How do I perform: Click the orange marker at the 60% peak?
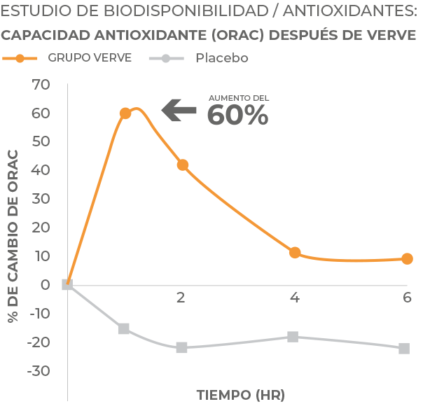pyautogui.click(x=125, y=113)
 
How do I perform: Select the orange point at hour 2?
pyautogui.click(x=183, y=165)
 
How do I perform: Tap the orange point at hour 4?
pyautogui.click(x=295, y=253)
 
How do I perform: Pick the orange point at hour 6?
pyautogui.click(x=407, y=259)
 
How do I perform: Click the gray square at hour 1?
pyautogui.click(x=124, y=328)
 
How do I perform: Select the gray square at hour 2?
pyautogui.click(x=182, y=347)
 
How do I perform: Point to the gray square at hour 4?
pyautogui.click(x=293, y=337)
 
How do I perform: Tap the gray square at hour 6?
pyautogui.click(x=404, y=349)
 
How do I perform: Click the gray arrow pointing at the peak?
pyautogui.click(x=179, y=110)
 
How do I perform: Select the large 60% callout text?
pyautogui.click(x=238, y=116)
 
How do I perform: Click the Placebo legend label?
pyautogui.click(x=221, y=59)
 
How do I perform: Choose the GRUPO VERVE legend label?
pyautogui.click(x=90, y=58)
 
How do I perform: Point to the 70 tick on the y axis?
pyautogui.click(x=41, y=85)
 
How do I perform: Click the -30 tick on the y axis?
pyautogui.click(x=39, y=370)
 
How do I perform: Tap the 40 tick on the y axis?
pyautogui.click(x=41, y=170)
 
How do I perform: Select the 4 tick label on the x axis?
pyautogui.click(x=294, y=297)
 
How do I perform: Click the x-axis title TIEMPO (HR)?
pyautogui.click(x=241, y=394)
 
